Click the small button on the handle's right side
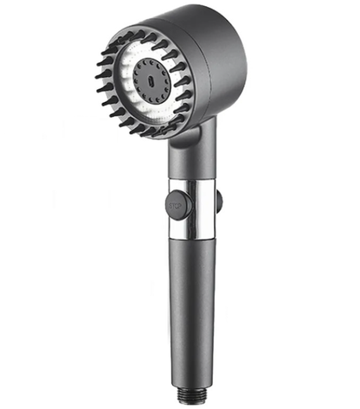pos(219,201)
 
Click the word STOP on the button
pos(178,206)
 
